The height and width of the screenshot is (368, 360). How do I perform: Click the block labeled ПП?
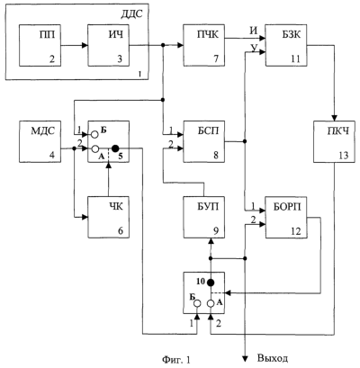pyautogui.click(x=40, y=45)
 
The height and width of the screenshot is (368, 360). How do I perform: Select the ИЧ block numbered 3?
pyautogui.click(x=108, y=45)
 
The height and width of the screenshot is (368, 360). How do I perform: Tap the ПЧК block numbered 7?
pyautogui.click(x=204, y=45)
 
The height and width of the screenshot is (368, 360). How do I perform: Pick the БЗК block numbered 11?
pyautogui.click(x=286, y=45)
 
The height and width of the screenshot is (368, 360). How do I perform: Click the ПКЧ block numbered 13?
pyautogui.click(x=335, y=141)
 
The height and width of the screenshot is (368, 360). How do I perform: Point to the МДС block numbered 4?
pyautogui.click(x=40, y=141)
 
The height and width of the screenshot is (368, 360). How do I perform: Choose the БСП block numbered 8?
pyautogui.click(x=204, y=141)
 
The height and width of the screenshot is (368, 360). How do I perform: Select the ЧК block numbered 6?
pyautogui.click(x=108, y=217)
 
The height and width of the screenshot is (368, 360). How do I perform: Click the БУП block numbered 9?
pyautogui.click(x=204, y=217)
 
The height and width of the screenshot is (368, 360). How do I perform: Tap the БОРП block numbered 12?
pyautogui.click(x=286, y=217)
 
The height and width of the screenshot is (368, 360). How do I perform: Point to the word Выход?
pyautogui.click(x=273, y=358)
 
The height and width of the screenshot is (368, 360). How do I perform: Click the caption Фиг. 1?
pyautogui.click(x=176, y=359)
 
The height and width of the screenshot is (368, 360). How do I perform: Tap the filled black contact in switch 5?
pyautogui.click(x=115, y=148)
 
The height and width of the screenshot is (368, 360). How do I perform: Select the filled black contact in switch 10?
pyautogui.click(x=211, y=283)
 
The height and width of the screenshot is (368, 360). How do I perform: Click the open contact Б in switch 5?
pyautogui.click(x=94, y=134)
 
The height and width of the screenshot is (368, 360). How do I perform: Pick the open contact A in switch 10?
pyautogui.click(x=211, y=303)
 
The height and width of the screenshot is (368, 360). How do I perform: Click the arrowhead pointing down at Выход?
pyautogui.click(x=246, y=357)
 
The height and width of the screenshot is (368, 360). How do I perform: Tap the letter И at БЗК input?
pyautogui.click(x=254, y=31)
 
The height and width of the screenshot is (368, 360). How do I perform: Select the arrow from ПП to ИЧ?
pyautogui.click(x=75, y=46)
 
